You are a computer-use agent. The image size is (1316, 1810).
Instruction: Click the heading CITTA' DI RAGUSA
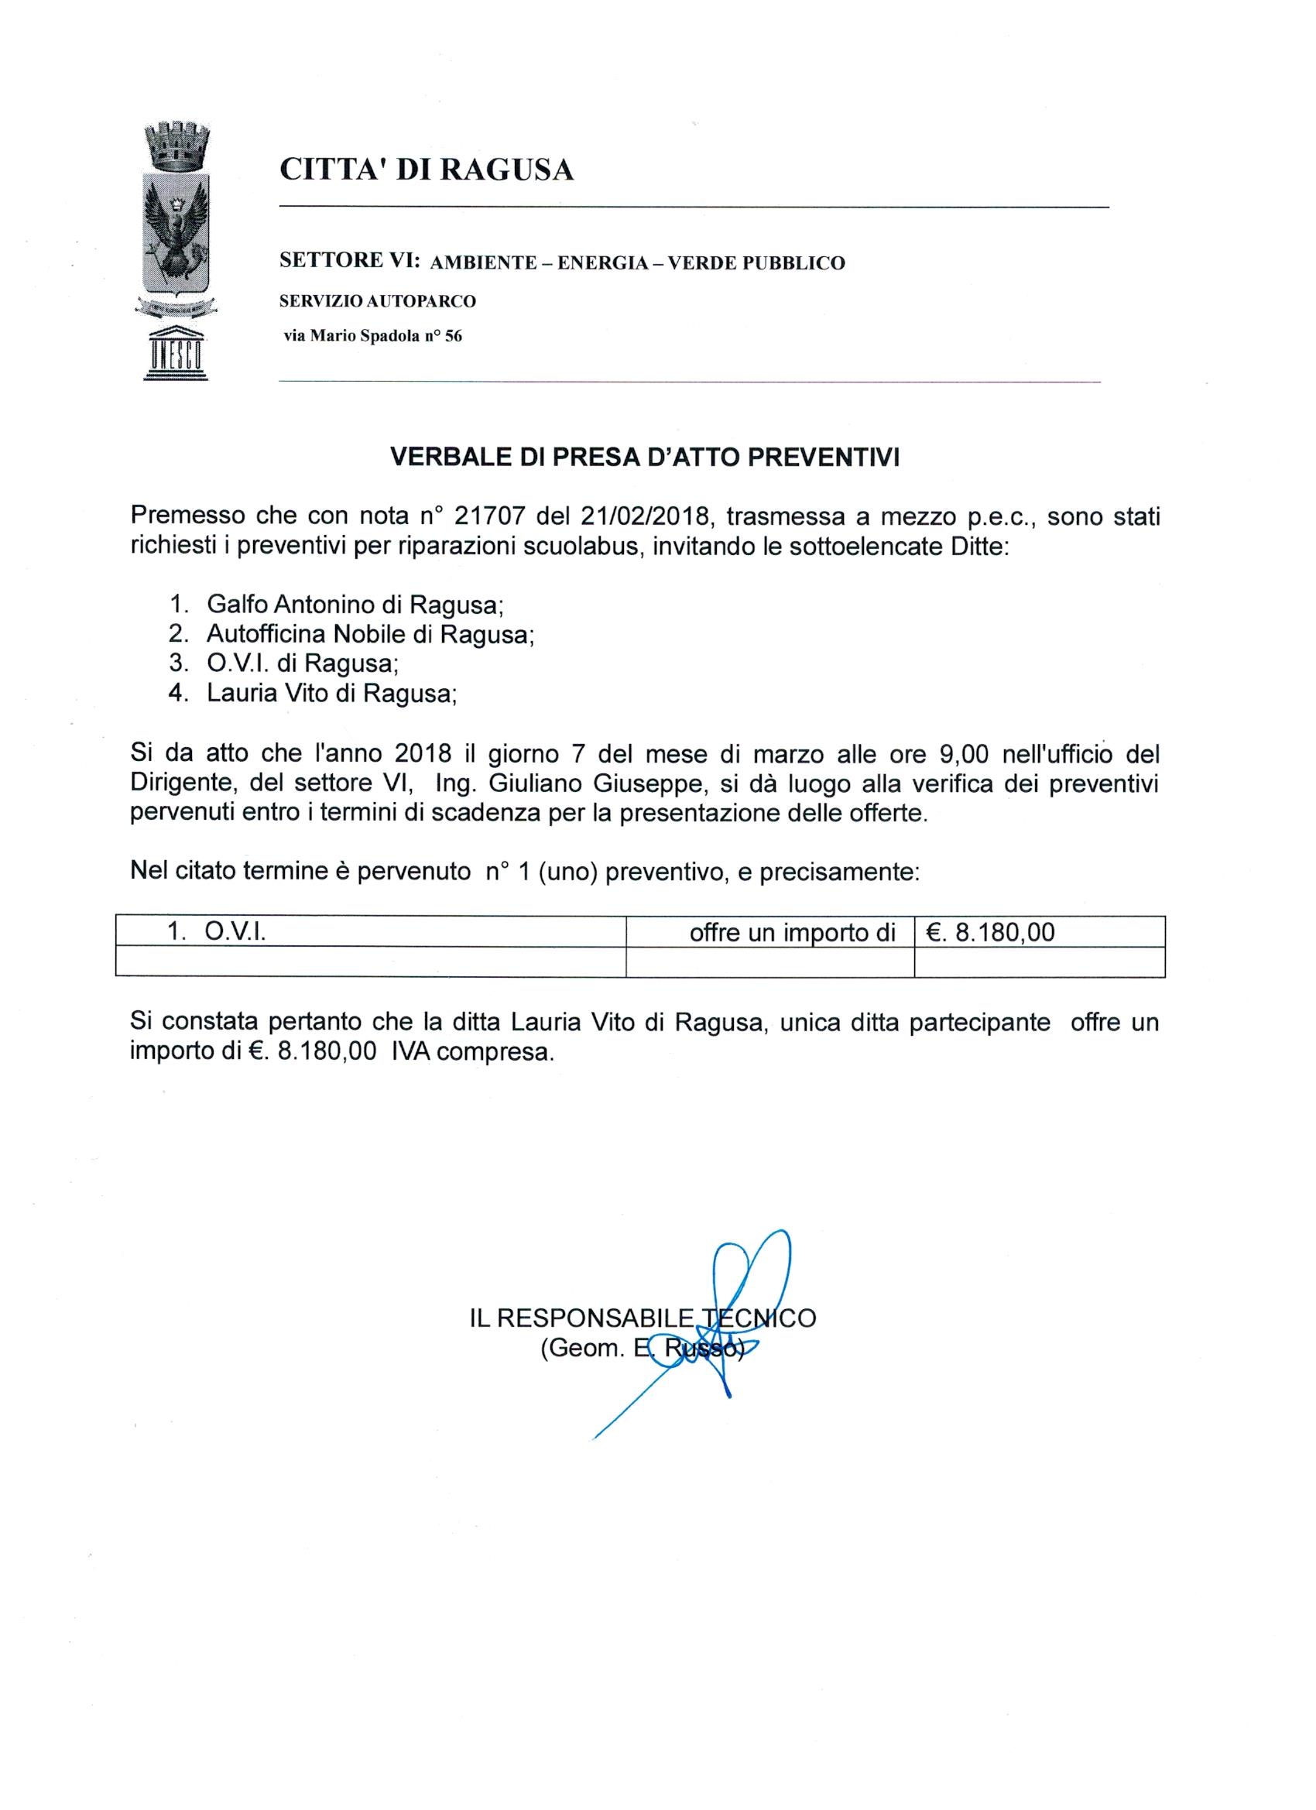tap(427, 170)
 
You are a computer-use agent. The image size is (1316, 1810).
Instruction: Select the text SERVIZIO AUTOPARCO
tap(378, 302)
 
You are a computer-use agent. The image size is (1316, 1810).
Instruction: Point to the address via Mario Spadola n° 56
tap(372, 336)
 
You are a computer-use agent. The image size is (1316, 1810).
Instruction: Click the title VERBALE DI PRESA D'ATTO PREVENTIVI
tap(645, 458)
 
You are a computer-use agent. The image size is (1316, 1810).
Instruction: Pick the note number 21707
tap(489, 517)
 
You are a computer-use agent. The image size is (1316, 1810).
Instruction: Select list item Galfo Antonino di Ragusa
tap(355, 604)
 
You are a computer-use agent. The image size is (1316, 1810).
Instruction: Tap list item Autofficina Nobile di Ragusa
tap(369, 634)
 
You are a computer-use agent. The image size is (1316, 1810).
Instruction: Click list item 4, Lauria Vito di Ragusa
tap(332, 693)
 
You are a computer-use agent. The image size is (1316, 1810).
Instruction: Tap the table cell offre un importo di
tap(793, 931)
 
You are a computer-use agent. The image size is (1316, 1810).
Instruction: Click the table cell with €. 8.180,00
tap(990, 931)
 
